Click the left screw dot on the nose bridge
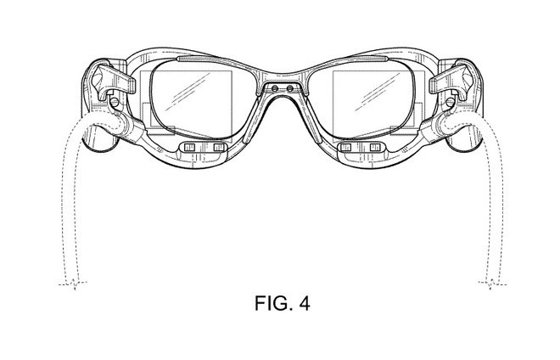[274, 88]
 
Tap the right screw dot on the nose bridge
[290, 88]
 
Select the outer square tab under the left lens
[189, 147]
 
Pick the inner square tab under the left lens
[219, 147]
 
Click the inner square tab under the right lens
[345, 147]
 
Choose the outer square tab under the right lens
[375, 147]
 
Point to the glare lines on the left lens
[188, 92]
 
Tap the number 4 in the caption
[305, 303]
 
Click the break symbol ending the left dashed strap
[73, 284]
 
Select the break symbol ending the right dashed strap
[492, 284]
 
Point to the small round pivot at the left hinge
[115, 102]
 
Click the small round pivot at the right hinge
[451, 102]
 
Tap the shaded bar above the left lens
[199, 59]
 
